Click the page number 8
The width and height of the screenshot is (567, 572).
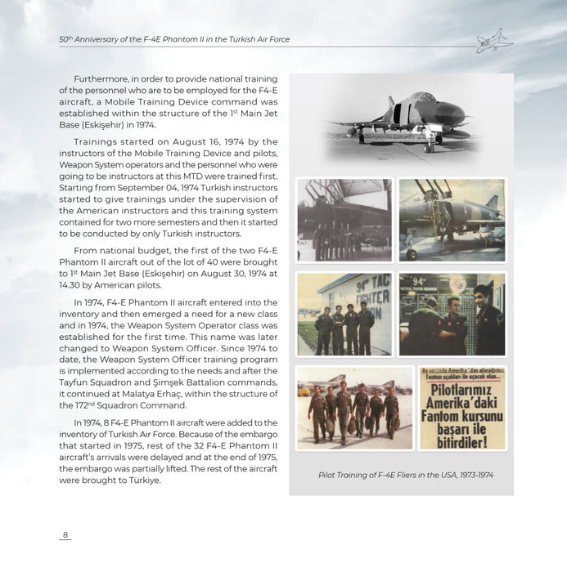click(x=65, y=535)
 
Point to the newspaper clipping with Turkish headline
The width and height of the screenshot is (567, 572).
click(x=461, y=409)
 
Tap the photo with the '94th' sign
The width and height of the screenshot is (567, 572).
click(x=452, y=314)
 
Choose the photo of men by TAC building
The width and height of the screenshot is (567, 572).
click(x=344, y=314)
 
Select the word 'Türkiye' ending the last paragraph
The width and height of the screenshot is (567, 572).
click(x=142, y=480)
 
